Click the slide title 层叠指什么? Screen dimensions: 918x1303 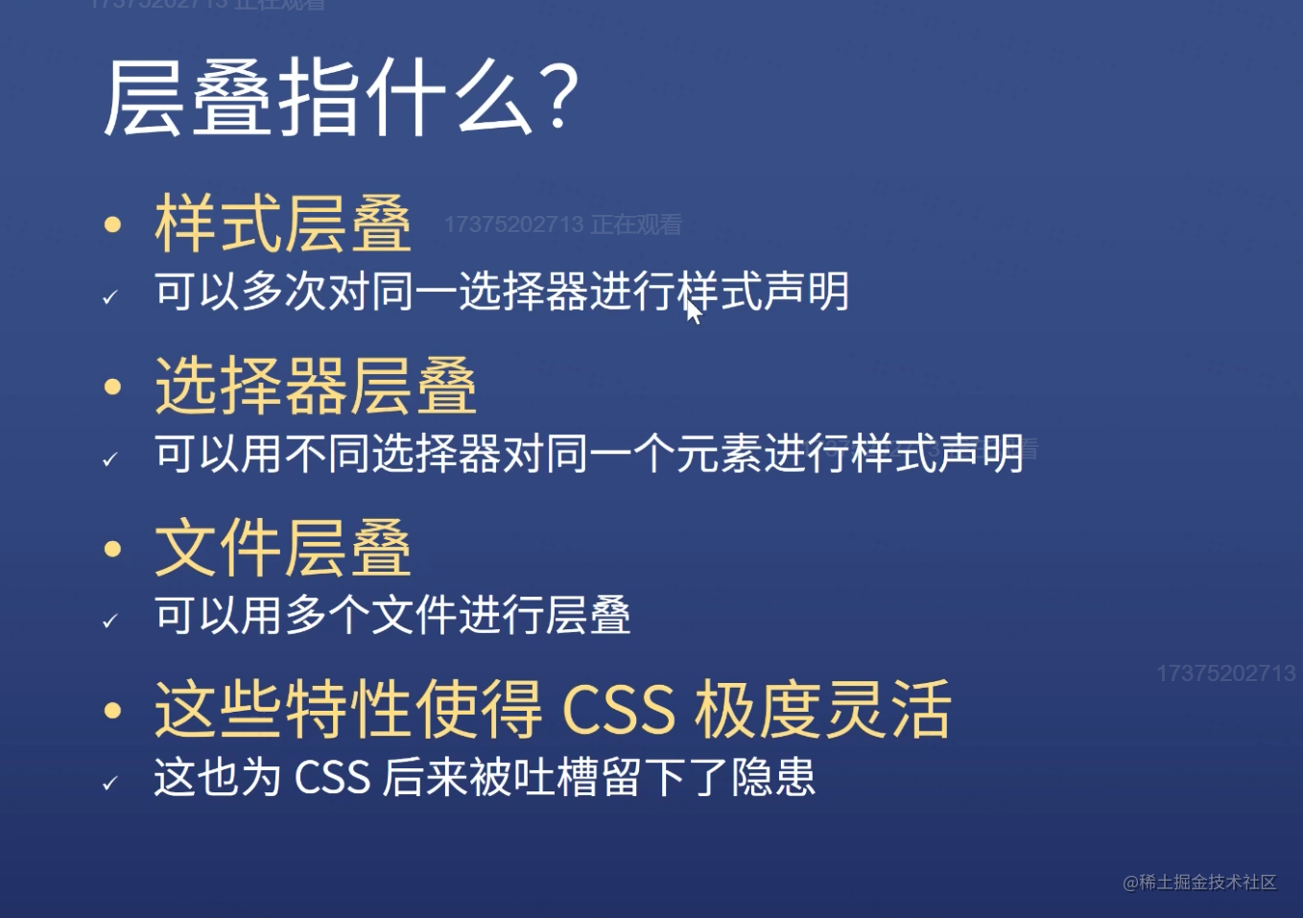341,98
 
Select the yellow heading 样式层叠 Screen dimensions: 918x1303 283,224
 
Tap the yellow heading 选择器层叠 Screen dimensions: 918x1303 316,386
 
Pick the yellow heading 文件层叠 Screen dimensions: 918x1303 283,548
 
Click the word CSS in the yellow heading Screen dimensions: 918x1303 618,710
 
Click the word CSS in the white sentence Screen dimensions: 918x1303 332,777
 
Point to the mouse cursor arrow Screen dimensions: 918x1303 694,312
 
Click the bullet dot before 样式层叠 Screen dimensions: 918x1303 113,225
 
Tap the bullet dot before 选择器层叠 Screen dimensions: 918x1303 113,387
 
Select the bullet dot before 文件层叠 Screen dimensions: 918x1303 113,549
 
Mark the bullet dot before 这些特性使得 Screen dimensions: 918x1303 113,711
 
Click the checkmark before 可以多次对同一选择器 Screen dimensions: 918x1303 110,297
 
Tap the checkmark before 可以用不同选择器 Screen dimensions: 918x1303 110,459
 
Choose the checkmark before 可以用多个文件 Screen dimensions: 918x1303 110,622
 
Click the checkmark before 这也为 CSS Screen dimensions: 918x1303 110,784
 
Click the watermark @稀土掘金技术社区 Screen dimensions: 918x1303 1199,882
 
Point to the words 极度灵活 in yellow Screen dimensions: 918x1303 823,710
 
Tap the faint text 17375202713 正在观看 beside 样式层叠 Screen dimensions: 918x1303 562,224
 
